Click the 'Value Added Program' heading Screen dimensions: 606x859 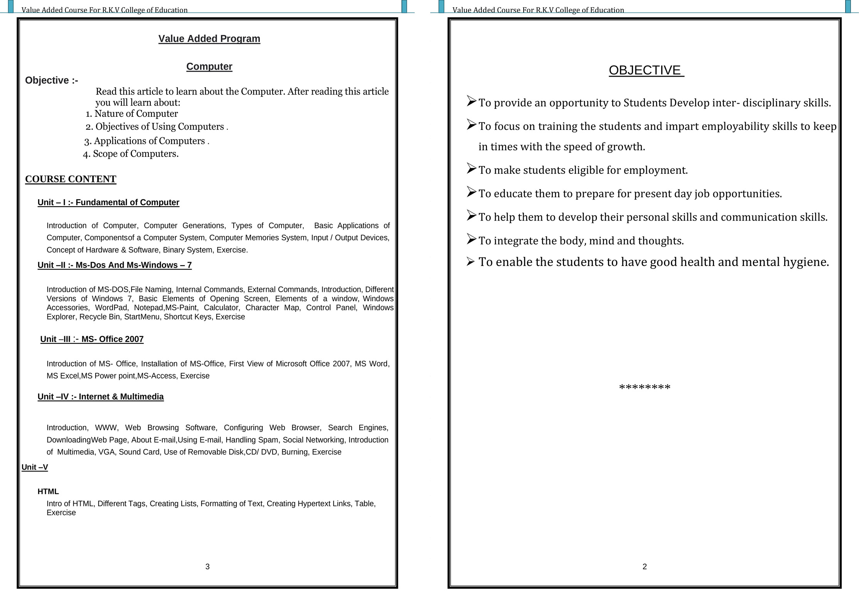(x=209, y=39)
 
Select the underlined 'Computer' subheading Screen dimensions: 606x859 (x=209, y=66)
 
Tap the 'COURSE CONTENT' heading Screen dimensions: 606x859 (x=71, y=179)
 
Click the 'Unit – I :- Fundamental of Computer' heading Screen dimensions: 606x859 (x=108, y=202)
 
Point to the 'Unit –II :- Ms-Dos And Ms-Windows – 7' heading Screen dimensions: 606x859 (x=115, y=265)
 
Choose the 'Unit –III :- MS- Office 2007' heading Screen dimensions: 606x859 (x=92, y=339)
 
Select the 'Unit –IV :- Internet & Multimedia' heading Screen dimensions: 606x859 (x=101, y=397)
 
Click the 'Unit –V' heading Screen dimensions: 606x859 (x=35, y=467)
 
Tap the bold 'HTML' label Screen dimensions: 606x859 (x=48, y=492)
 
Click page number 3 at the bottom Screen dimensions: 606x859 (x=207, y=566)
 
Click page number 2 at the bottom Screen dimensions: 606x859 (x=645, y=566)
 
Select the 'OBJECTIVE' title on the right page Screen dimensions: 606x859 (x=646, y=70)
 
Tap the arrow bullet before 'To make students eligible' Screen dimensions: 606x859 (x=471, y=168)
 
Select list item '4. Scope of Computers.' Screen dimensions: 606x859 (x=131, y=154)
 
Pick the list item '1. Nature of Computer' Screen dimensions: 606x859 (x=132, y=114)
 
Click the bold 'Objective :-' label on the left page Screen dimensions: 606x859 (x=52, y=80)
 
